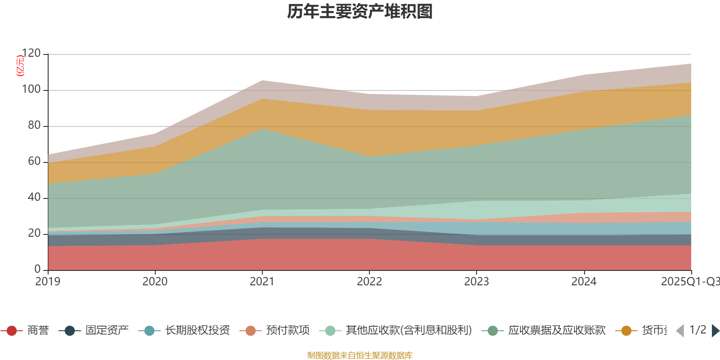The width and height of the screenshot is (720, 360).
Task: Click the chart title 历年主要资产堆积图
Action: (x=360, y=12)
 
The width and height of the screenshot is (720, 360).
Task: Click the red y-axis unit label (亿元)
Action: (x=20, y=66)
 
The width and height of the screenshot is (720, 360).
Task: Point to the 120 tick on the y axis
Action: (x=31, y=54)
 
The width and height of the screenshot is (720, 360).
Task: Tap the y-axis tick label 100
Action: (x=31, y=90)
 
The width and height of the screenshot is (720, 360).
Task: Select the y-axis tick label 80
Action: (x=34, y=126)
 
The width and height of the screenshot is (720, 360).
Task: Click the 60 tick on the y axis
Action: (x=34, y=162)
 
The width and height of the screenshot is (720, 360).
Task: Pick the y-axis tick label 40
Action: (x=34, y=198)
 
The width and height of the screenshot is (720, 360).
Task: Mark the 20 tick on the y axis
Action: (x=34, y=234)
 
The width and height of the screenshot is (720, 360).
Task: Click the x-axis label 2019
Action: (x=48, y=282)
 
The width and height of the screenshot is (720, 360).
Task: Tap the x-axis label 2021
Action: (x=262, y=282)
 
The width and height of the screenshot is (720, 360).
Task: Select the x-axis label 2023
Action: (x=477, y=282)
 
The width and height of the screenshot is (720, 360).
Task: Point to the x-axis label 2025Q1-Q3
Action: (x=690, y=282)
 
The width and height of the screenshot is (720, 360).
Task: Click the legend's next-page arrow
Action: (x=715, y=331)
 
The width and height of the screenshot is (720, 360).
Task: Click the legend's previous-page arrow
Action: (x=680, y=331)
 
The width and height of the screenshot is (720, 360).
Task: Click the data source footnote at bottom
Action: (x=360, y=355)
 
